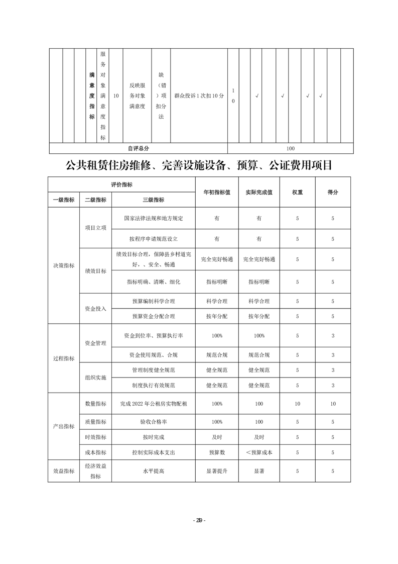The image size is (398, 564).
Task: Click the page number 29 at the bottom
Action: [199, 520]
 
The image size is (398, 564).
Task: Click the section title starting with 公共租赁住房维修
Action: [199, 165]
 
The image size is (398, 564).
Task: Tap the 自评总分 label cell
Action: [138, 148]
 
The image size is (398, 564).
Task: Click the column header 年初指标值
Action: [216, 192]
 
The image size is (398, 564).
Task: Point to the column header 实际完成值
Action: [258, 192]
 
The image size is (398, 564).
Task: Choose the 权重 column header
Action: [297, 192]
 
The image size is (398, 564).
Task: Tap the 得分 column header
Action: [332, 192]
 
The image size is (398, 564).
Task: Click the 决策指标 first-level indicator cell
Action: [64, 265]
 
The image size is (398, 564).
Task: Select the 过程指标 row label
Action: [64, 358]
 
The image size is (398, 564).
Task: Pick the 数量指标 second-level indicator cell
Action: [95, 404]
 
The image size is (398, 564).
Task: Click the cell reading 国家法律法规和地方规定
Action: [154, 219]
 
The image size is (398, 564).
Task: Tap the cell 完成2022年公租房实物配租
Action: [154, 404]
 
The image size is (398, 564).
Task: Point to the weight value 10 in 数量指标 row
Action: [297, 404]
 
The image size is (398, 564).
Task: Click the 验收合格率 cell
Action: [154, 422]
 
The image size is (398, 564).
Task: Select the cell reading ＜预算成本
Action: [258, 452]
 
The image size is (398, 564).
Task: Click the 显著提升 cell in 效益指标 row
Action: [216, 471]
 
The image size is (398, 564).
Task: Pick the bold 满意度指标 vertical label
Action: [91, 96]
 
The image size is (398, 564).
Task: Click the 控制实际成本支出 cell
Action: [154, 452]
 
